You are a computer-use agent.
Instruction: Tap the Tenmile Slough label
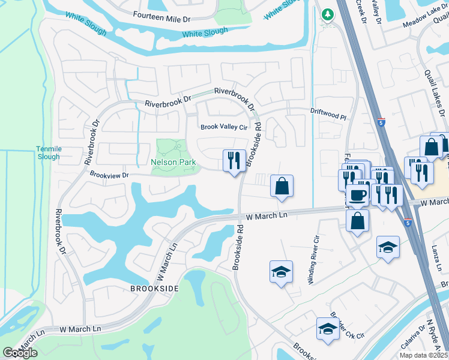[x=49, y=152]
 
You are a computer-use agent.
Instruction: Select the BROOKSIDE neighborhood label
[x=154, y=289]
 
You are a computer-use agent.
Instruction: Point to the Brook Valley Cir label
[x=224, y=127]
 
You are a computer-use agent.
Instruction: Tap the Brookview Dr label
[x=109, y=175]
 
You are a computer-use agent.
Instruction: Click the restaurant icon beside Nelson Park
[x=234, y=160]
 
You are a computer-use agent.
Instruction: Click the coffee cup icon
[x=358, y=195]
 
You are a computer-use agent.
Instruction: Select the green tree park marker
[x=327, y=14]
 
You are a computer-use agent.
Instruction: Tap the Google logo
[x=20, y=353]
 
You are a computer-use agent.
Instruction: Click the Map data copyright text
[x=424, y=355]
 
